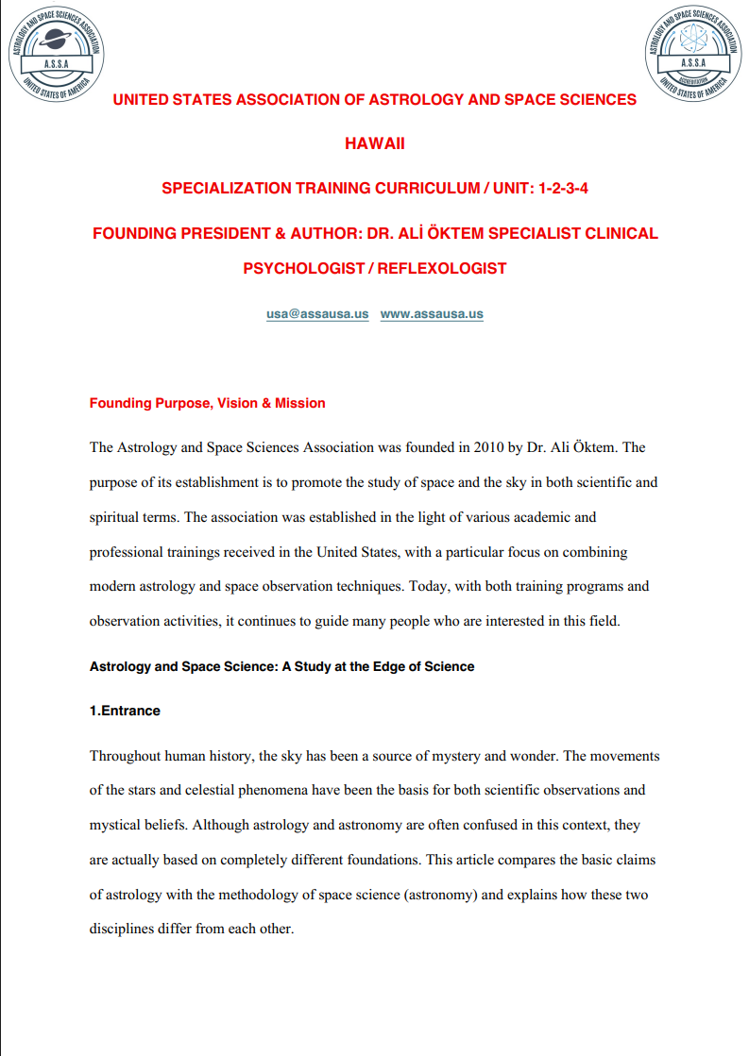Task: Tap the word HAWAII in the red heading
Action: click(x=375, y=143)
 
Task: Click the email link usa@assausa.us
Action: click(x=317, y=314)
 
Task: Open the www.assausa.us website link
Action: click(x=432, y=314)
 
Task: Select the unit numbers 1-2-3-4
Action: click(x=563, y=188)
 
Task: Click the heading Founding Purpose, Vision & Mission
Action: click(x=207, y=403)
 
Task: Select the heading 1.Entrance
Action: click(x=125, y=711)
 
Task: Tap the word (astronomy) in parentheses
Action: click(x=440, y=894)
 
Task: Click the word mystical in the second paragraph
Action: click(x=117, y=825)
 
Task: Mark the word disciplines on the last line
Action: click(x=124, y=928)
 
